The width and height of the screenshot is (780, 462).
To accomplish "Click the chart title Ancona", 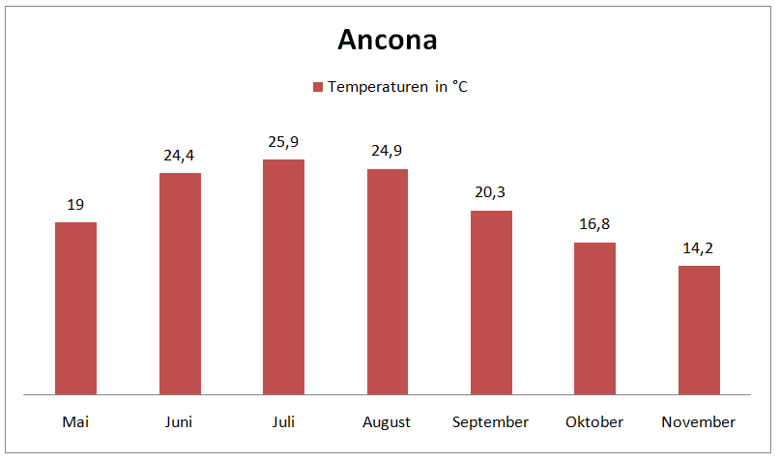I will coord(388,41).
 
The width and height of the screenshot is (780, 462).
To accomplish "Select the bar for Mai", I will coord(75,308).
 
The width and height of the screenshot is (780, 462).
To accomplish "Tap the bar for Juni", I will coord(180,283).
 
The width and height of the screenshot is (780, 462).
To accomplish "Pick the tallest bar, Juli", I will coord(283,276).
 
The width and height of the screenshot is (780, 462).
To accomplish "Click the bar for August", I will coord(387,281).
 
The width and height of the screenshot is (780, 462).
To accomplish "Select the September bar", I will coord(491,303).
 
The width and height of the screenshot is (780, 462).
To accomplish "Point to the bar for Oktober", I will coord(594,318).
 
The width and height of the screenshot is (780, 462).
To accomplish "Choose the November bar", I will coord(699,330).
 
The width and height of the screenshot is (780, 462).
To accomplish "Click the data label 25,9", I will coord(283,143).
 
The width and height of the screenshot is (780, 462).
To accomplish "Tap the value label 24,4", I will coord(180,156).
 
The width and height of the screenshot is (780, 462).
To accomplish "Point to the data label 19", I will coord(75,205).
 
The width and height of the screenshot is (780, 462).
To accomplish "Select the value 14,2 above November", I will coord(699,248).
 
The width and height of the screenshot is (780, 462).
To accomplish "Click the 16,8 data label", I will coord(594,224).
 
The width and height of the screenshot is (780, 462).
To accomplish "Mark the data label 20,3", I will coord(491,192).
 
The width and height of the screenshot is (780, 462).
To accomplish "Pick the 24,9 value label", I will coord(387,151).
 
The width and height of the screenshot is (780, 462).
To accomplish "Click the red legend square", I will coord(316,87).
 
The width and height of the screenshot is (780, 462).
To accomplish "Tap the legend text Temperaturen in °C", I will coord(397,87).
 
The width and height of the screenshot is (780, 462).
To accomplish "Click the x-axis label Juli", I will coord(283,422).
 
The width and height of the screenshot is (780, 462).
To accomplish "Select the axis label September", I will coord(491,422).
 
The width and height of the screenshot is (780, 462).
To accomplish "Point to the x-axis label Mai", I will coord(75,422).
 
